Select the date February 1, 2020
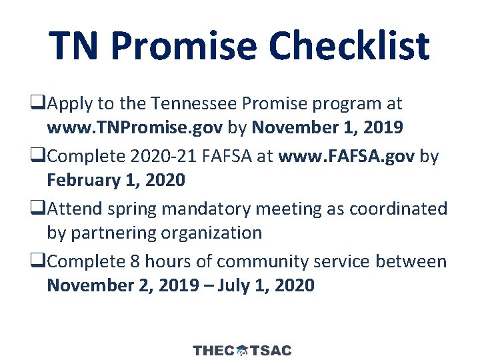[116, 180]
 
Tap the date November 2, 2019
[122, 285]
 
